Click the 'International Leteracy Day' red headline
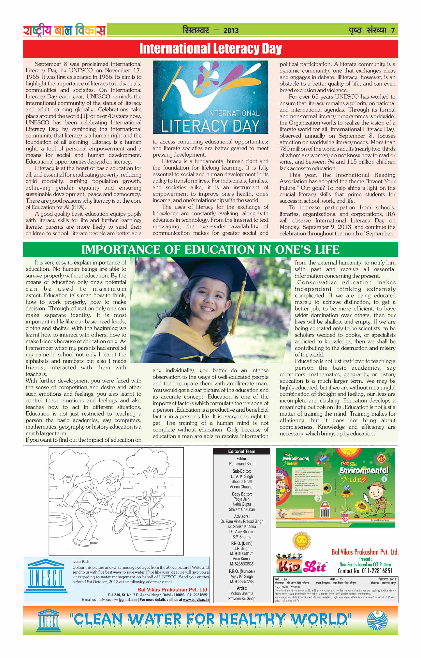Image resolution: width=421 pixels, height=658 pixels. (x=210, y=49)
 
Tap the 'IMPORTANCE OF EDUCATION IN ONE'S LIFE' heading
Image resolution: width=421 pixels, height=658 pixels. (x=210, y=249)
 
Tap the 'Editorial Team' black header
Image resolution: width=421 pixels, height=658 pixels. (x=241, y=451)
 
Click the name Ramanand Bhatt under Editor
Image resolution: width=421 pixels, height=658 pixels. (x=242, y=464)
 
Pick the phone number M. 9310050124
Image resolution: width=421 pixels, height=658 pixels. (x=242, y=553)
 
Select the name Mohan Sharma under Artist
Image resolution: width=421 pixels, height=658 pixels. (x=242, y=593)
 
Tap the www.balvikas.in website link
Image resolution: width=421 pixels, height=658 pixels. (x=196, y=600)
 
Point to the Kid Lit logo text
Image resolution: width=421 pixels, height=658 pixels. (x=302, y=567)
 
